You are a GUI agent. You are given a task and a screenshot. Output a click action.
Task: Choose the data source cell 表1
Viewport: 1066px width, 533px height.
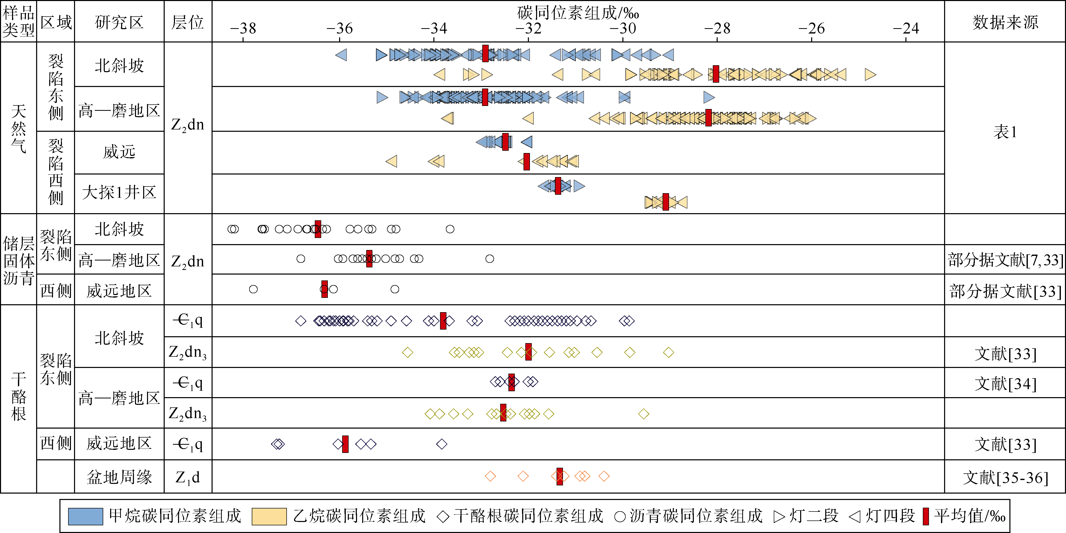tap(1005, 132)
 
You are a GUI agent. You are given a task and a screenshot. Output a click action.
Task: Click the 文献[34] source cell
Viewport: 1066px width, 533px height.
tap(1005, 384)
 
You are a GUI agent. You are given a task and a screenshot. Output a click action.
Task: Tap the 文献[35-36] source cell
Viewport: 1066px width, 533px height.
tap(1005, 477)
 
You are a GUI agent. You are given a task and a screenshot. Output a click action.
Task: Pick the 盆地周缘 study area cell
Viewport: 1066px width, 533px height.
tap(119, 477)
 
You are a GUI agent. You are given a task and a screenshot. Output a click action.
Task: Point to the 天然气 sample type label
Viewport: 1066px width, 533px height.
tap(19, 128)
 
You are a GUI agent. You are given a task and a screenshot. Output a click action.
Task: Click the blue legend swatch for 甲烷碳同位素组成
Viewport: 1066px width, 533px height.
tap(85, 516)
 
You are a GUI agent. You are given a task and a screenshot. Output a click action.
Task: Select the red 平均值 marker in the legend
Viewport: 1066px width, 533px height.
tap(926, 516)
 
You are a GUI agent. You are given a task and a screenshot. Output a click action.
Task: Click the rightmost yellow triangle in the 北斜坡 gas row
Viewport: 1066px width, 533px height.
tap(870, 74)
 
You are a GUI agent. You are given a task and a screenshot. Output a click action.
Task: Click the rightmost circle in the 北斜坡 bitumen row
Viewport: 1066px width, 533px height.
tap(450, 229)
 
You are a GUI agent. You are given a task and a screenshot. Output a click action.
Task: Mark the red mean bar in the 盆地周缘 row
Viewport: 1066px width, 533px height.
tap(559, 476)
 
